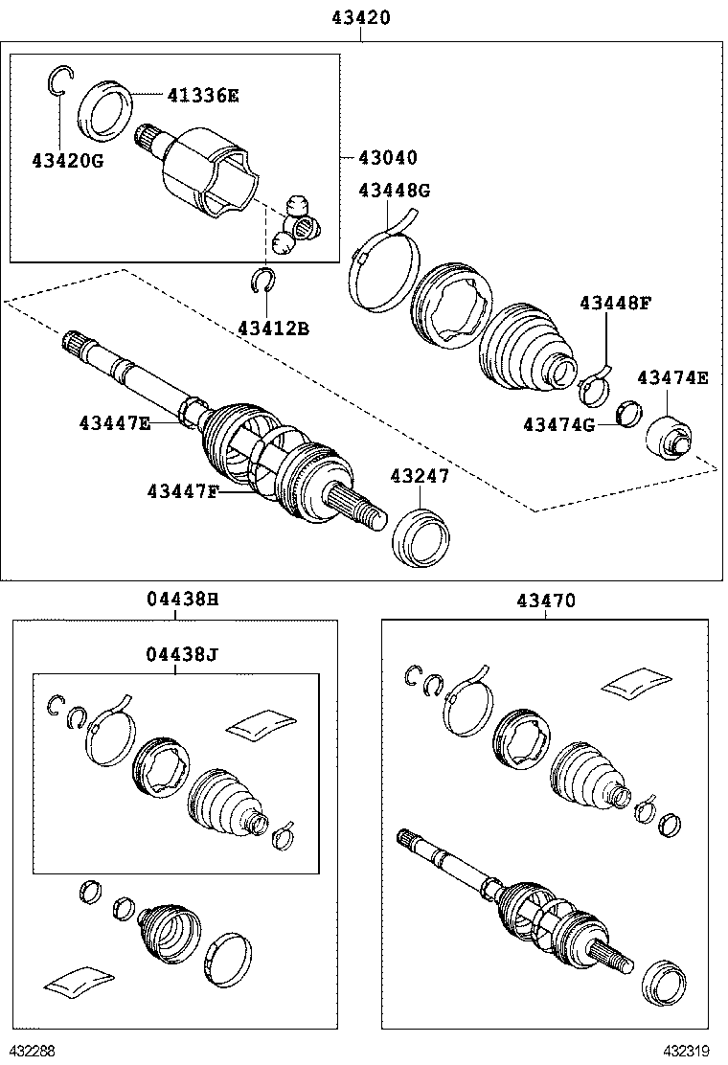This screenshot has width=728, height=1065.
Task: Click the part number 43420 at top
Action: [x=361, y=17]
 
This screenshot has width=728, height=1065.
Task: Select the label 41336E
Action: [x=202, y=95]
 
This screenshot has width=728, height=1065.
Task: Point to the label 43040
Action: [x=388, y=157]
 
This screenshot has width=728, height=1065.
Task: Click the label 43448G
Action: [x=395, y=191]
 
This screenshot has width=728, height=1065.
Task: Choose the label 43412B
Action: [x=273, y=329]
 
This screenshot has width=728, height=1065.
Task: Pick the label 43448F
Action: [x=615, y=304]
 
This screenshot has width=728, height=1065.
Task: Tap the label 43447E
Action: [x=115, y=421]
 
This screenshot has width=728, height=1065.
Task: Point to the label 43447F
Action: [x=183, y=491]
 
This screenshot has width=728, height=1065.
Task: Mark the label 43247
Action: [x=419, y=476]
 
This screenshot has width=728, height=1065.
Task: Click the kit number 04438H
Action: [x=183, y=600]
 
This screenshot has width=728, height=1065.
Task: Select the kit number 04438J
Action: [x=183, y=654]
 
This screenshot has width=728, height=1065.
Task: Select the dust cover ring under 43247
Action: [x=422, y=539]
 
